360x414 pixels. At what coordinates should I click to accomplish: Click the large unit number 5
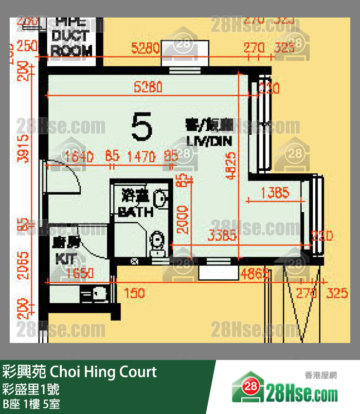point(142,126)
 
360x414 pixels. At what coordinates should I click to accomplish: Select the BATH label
point(136,213)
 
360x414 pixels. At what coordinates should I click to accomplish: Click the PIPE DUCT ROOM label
point(72,36)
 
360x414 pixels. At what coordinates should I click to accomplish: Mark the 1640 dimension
point(78,157)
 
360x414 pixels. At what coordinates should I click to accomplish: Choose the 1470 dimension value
point(141,157)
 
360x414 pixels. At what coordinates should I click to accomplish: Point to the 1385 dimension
point(275,193)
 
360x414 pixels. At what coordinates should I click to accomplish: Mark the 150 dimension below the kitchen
point(134,293)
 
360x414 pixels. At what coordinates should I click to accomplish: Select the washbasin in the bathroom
point(160,198)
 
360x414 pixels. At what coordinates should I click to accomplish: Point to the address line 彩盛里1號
point(32,390)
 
